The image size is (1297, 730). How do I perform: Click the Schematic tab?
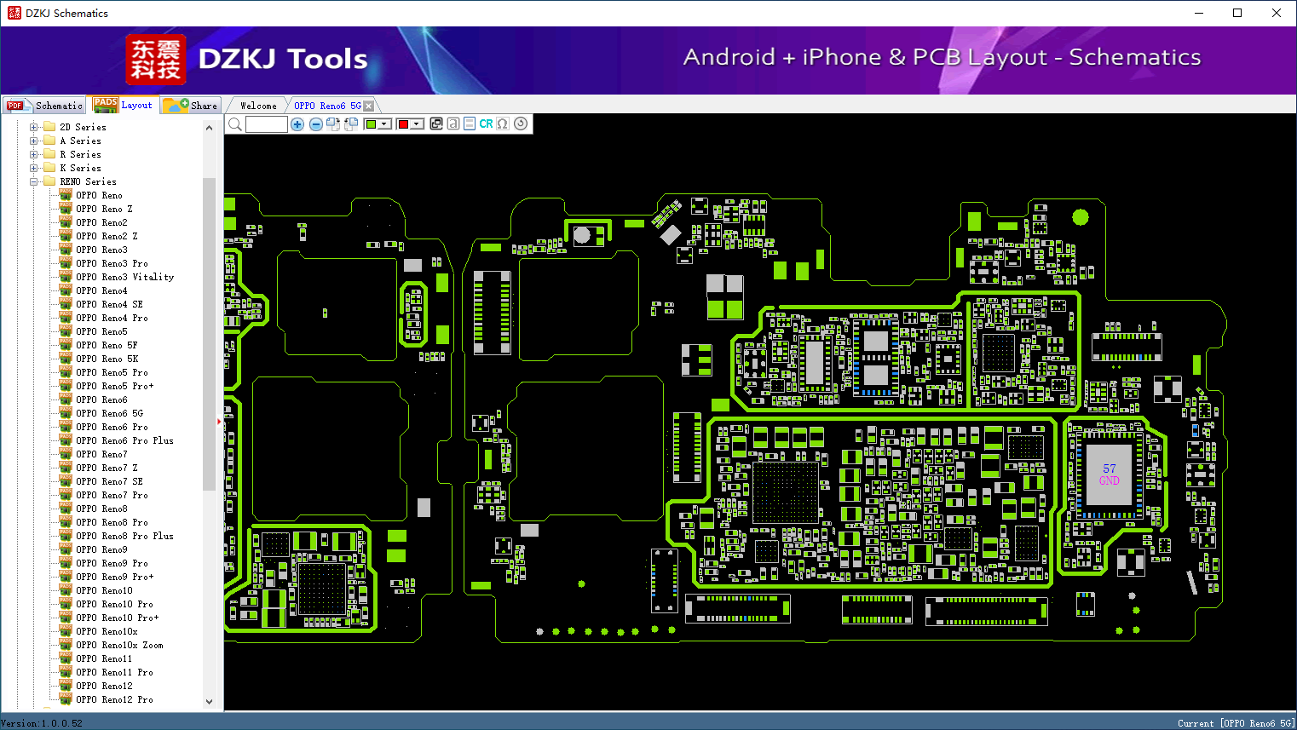(44, 106)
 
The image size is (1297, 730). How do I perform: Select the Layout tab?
(123, 105)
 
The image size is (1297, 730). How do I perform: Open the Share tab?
(191, 106)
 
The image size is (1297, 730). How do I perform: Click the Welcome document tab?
(258, 106)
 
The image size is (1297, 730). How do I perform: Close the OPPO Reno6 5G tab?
(369, 106)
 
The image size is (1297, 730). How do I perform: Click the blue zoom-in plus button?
(297, 124)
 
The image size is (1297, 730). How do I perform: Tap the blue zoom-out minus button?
(315, 124)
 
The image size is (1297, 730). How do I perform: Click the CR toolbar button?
(486, 124)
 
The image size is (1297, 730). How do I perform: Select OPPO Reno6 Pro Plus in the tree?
(124, 440)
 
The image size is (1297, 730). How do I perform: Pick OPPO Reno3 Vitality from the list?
(124, 277)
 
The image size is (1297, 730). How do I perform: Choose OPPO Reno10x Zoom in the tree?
(119, 645)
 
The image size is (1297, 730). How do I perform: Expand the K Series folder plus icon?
(33, 168)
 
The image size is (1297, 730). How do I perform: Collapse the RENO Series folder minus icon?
(33, 181)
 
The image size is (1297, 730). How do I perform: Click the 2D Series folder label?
(83, 127)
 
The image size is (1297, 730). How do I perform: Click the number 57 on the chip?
(1109, 468)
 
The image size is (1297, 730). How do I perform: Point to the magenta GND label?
(1109, 480)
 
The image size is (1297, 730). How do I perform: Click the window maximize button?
(1237, 13)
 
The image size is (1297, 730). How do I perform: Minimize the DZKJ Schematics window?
(1199, 13)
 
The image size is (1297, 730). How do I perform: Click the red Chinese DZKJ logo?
(156, 60)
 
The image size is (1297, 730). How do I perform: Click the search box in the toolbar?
(267, 124)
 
